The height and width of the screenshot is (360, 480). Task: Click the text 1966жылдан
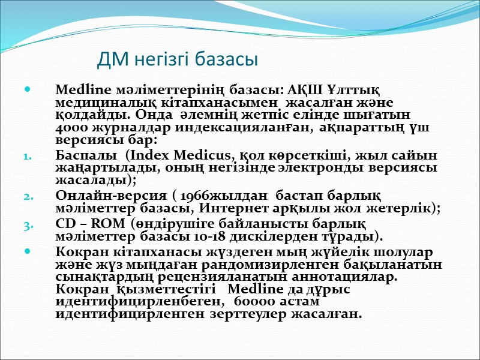point(218,196)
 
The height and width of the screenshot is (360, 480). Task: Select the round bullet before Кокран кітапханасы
point(27,251)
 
